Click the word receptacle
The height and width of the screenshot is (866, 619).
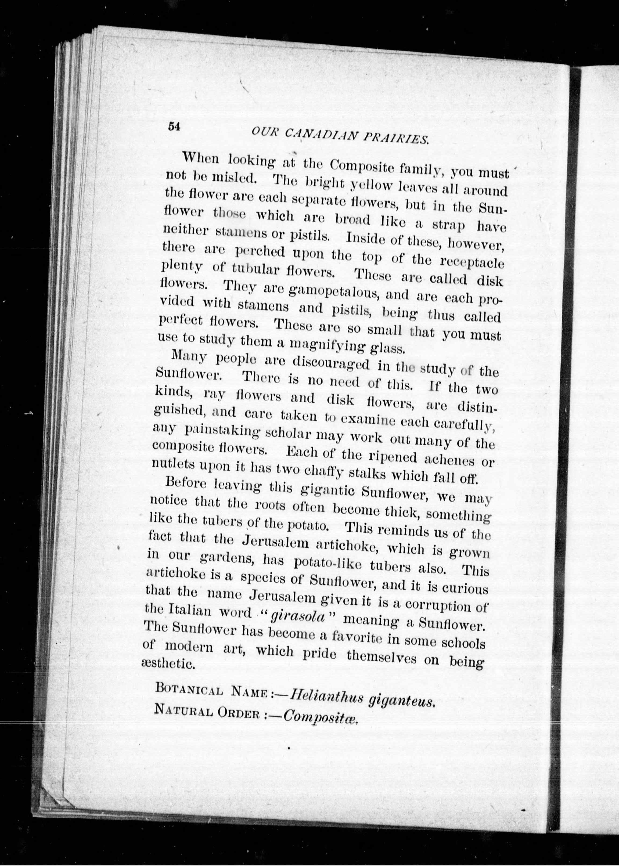[472, 262]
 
